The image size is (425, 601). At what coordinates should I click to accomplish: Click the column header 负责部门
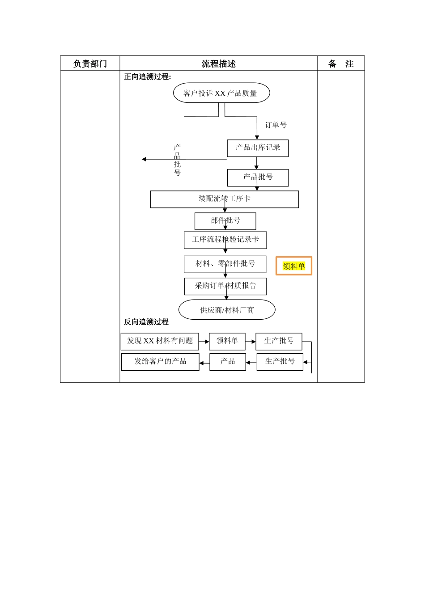90,63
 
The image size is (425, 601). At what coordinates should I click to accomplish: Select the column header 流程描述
218,63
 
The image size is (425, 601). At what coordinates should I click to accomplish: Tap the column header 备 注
341,63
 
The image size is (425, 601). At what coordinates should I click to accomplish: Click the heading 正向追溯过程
147,76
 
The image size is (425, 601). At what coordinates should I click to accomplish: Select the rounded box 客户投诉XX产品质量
221,93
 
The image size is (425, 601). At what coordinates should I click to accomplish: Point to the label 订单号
276,125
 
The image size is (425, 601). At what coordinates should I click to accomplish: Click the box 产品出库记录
258,148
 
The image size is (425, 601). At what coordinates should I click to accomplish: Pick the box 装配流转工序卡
224,199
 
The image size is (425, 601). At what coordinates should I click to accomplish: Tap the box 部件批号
225,221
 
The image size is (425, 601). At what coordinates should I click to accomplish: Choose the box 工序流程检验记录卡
225,240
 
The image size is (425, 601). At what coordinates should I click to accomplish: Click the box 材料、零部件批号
225,264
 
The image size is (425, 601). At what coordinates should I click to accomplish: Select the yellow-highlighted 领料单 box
293,266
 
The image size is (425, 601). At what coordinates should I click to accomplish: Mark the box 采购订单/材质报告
225,286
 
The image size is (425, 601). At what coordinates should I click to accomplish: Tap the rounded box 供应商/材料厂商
227,309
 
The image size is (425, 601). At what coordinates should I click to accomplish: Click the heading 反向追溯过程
146,322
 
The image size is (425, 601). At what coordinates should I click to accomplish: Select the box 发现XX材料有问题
160,341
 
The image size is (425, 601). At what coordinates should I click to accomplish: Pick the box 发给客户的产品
160,362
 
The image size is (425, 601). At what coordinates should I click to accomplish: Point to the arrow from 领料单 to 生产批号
251,342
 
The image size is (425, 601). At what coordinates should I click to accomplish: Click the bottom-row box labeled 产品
227,362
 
